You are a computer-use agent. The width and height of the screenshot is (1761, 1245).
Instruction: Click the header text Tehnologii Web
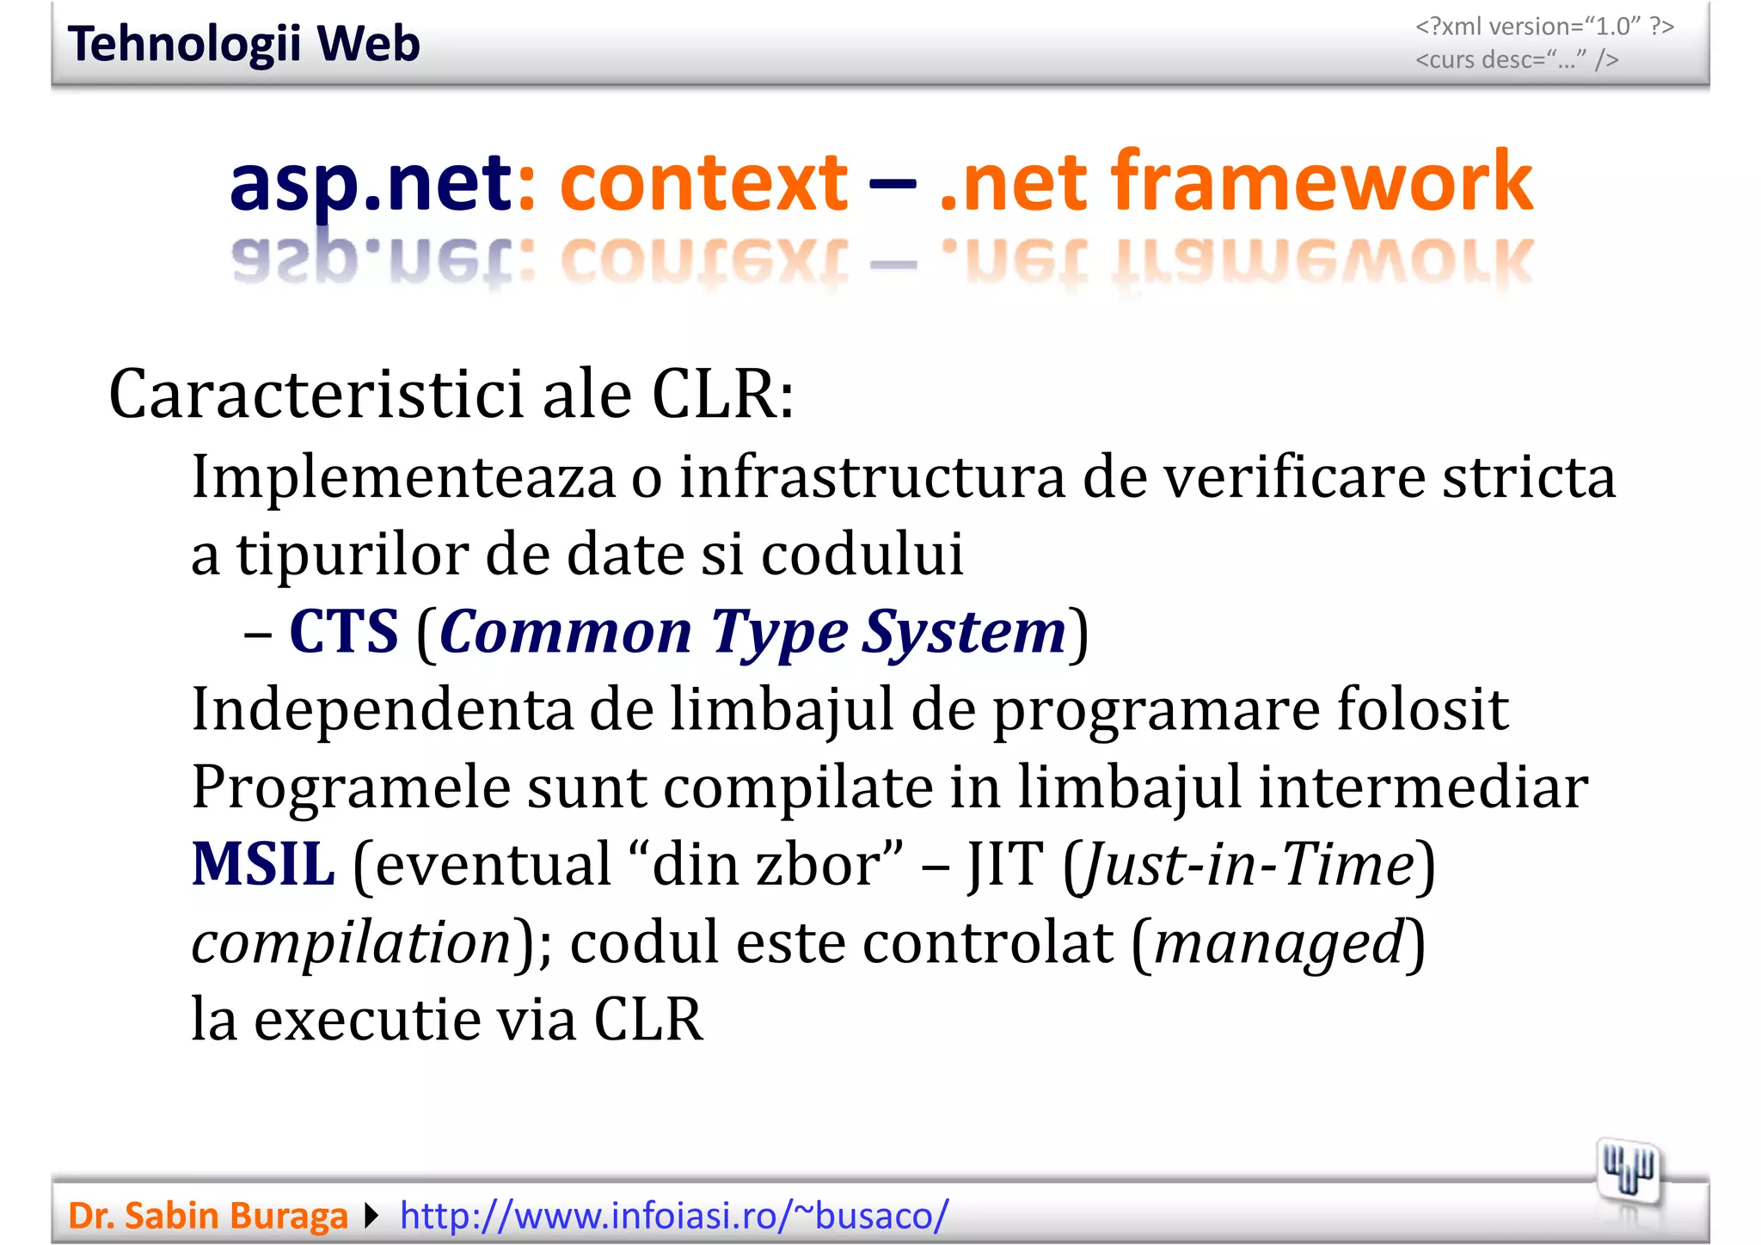pyautogui.click(x=243, y=44)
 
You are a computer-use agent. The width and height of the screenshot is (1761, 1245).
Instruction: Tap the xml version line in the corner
pyautogui.click(x=1544, y=27)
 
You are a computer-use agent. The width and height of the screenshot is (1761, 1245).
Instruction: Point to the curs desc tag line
pyautogui.click(x=1517, y=60)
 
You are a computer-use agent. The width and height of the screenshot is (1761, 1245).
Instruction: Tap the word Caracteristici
pyautogui.click(x=316, y=395)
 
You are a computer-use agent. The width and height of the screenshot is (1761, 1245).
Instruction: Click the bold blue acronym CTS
pyautogui.click(x=344, y=632)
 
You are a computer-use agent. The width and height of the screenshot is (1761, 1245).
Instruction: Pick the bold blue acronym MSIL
pyautogui.click(x=263, y=864)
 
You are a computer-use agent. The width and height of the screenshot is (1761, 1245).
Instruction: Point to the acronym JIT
pyautogui.click(x=1005, y=864)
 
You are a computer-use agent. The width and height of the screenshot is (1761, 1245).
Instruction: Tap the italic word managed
pyautogui.click(x=1279, y=942)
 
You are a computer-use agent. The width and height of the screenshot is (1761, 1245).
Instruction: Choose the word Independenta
pyautogui.click(x=382, y=709)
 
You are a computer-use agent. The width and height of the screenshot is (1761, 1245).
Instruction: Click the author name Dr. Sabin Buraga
pyautogui.click(x=208, y=1216)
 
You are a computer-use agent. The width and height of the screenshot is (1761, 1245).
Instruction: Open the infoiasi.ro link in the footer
pyautogui.click(x=674, y=1216)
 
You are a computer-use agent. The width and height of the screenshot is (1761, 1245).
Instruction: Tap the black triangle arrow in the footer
pyautogui.click(x=371, y=1216)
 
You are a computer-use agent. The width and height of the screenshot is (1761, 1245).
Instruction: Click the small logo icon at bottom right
pyautogui.click(x=1627, y=1171)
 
